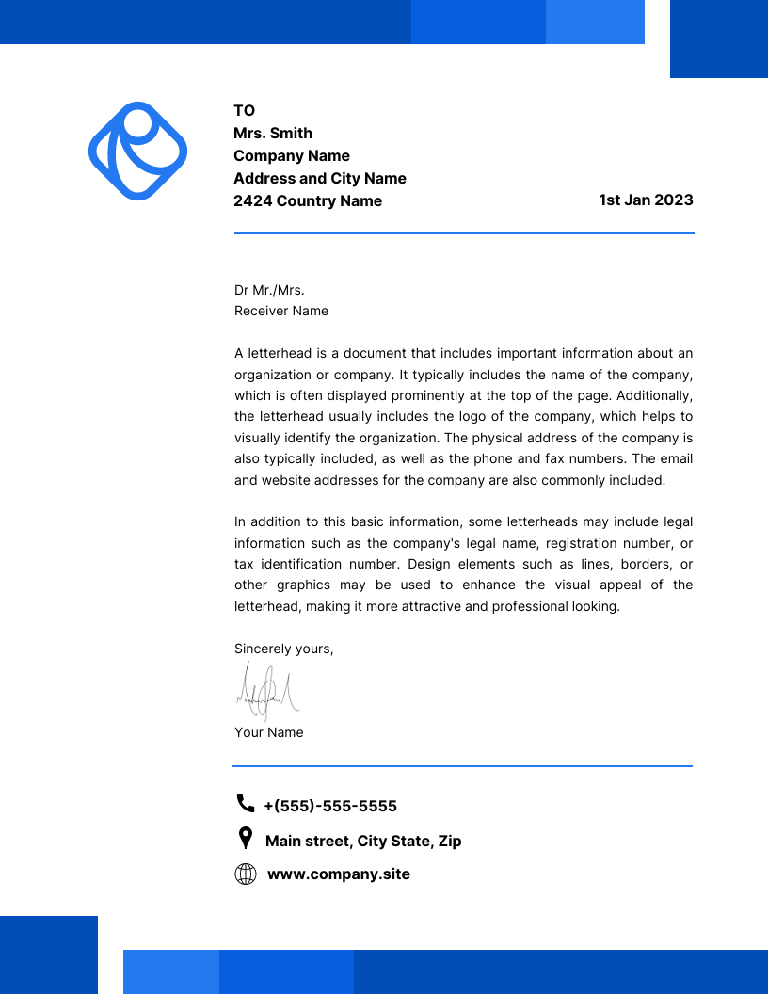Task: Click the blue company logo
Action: point(137,151)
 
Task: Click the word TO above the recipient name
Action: point(244,110)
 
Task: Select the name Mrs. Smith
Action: point(273,133)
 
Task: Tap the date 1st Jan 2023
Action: point(646,200)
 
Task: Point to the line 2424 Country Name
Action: point(308,200)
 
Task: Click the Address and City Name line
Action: point(320,178)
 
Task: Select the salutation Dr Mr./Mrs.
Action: point(269,290)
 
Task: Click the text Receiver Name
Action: point(281,311)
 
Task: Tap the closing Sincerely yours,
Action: point(283,649)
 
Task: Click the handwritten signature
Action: point(267,692)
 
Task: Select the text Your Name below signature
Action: point(268,732)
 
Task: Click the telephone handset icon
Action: point(246,803)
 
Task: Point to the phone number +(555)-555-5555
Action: point(330,806)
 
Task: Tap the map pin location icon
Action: point(246,838)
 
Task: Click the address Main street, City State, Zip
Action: point(363,841)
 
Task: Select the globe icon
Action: point(246,874)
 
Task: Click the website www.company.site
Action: point(339,874)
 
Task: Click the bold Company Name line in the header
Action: point(292,155)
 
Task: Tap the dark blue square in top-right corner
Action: point(719,39)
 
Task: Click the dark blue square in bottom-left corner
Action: point(49,954)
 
